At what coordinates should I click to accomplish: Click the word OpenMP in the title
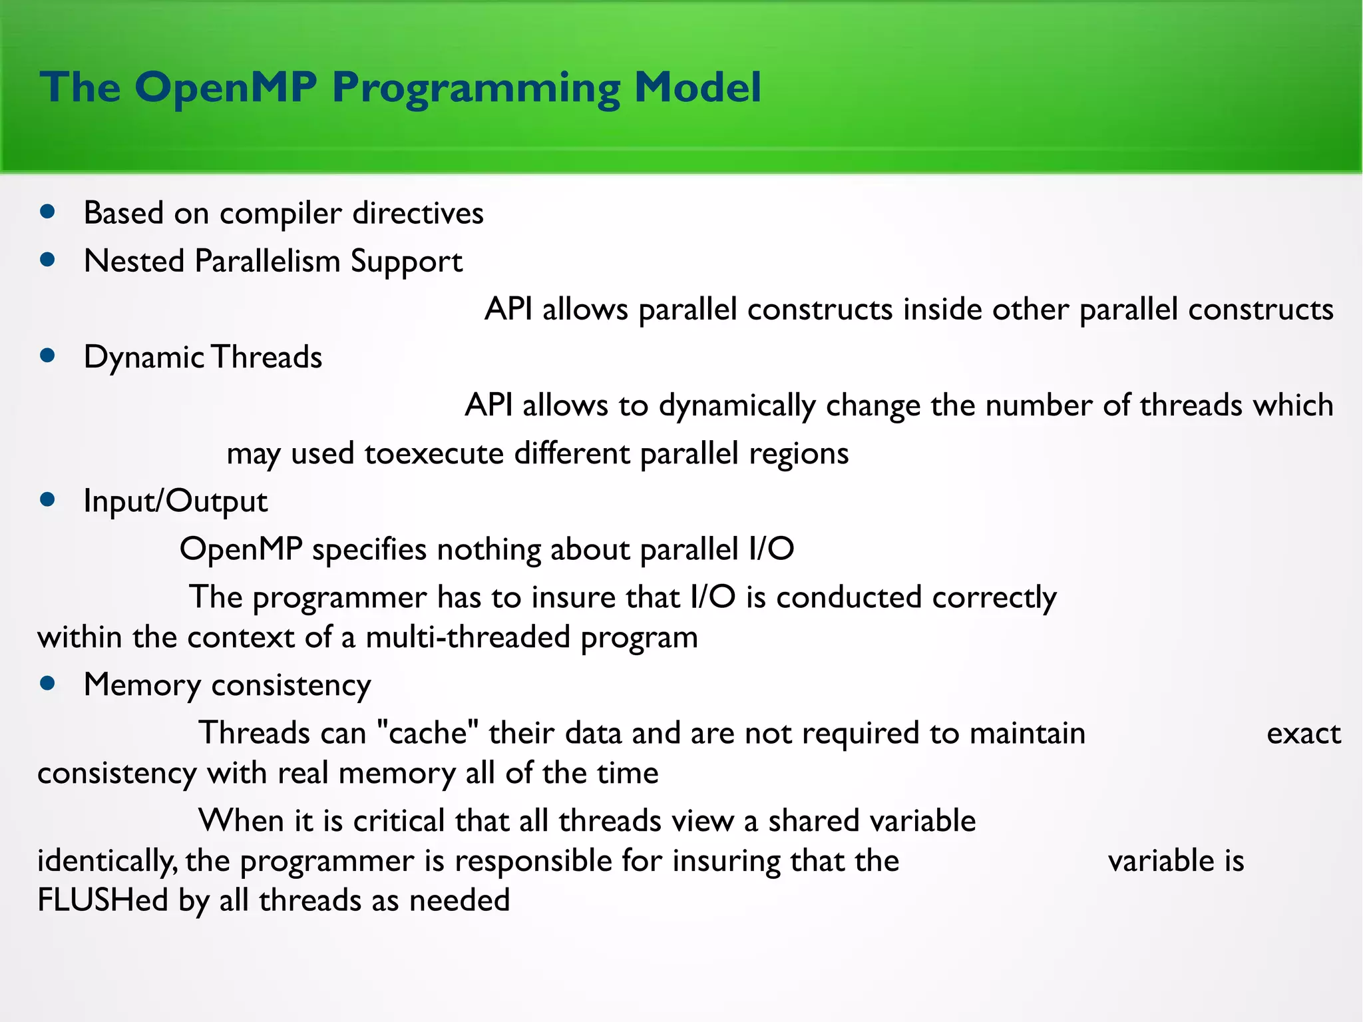click(x=225, y=88)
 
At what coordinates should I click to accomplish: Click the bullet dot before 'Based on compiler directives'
click(x=47, y=212)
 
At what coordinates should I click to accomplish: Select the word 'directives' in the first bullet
click(x=417, y=213)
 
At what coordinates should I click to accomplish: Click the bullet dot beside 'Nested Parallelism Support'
click(x=47, y=260)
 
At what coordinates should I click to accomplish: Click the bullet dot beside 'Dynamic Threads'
click(x=47, y=356)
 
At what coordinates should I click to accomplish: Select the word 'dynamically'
click(x=737, y=405)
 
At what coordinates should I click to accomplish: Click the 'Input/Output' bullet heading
click(x=175, y=501)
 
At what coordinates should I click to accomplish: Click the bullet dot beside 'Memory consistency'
click(x=47, y=684)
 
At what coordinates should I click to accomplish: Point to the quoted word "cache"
click(x=427, y=733)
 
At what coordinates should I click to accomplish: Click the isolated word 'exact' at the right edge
click(x=1303, y=733)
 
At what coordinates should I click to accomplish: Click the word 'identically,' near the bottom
click(x=106, y=861)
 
